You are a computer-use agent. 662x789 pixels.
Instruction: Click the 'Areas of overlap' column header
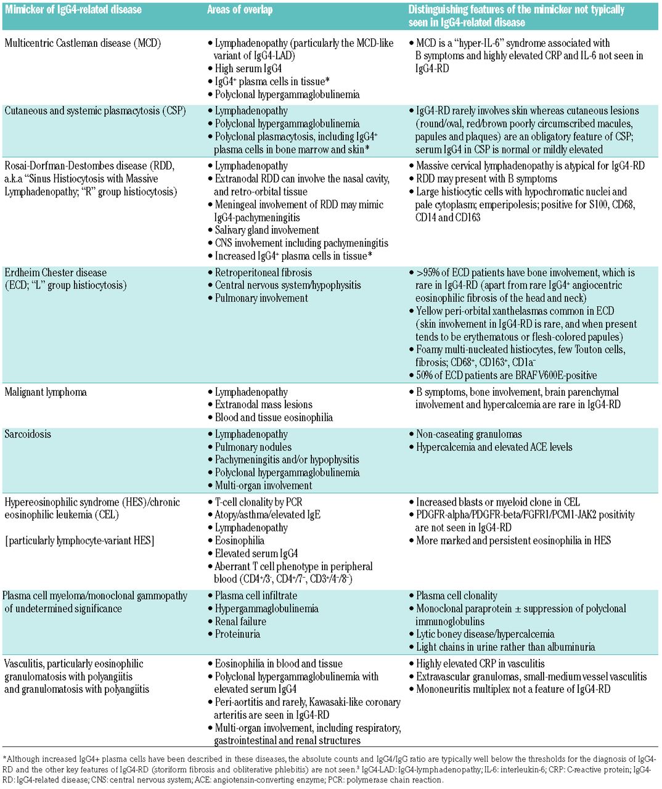pos(240,10)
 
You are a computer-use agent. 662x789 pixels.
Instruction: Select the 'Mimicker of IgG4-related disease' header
pos(73,10)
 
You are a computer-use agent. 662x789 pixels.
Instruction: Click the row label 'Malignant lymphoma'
pos(46,392)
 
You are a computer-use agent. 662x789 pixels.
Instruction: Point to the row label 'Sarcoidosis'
pos(28,434)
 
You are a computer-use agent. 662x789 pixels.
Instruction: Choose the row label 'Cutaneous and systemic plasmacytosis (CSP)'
pos(95,111)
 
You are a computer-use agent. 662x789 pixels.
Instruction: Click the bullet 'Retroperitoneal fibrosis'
pos(263,272)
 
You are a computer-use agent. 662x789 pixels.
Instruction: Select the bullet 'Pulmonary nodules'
pos(253,447)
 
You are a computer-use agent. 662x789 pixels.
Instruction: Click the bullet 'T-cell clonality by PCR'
pos(259,502)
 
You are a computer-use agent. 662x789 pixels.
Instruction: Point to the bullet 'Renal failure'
pos(240,621)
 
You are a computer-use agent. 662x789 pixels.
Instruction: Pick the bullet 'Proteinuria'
pos(237,634)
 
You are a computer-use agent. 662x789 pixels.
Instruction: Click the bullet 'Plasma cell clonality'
pos(457,596)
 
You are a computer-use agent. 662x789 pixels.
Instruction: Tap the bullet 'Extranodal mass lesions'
pos(264,404)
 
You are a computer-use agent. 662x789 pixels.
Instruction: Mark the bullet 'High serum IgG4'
pos(248,68)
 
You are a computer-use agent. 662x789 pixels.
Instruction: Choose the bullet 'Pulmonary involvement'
pos(261,298)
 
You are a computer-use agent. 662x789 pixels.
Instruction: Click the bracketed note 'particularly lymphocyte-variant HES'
pos(80,541)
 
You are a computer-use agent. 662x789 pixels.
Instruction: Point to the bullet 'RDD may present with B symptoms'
pos(486,179)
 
